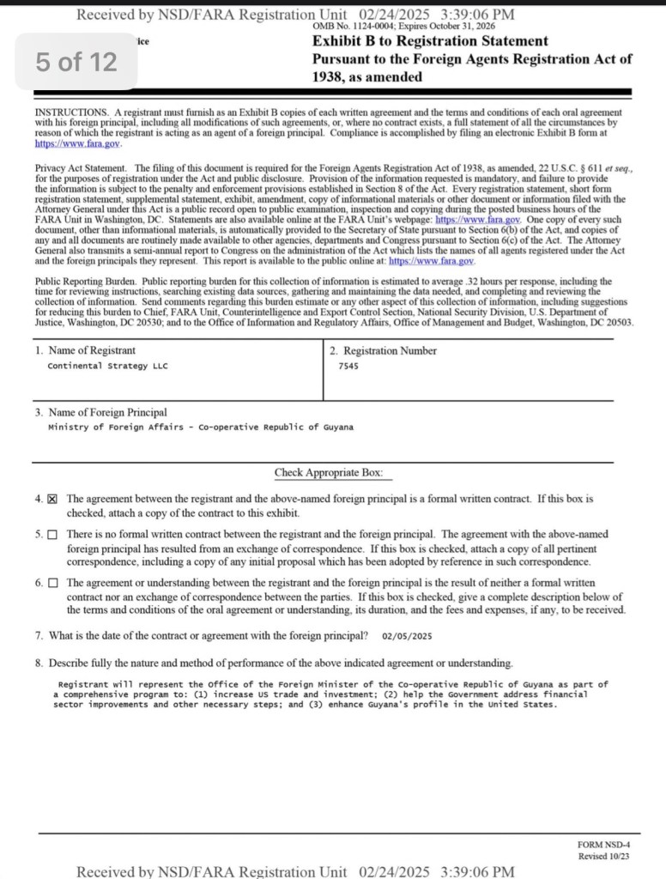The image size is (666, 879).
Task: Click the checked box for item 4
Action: [52, 499]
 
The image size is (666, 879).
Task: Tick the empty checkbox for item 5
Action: [52, 535]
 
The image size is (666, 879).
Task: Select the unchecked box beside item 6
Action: [52, 584]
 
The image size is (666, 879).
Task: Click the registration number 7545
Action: [348, 366]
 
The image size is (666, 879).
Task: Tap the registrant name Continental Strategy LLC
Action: [108, 366]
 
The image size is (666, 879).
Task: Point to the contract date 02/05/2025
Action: [407, 636]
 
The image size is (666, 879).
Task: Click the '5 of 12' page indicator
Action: [76, 62]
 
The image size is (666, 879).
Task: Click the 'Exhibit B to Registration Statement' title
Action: [430, 41]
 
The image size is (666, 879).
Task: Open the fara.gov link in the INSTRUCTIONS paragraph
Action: [66, 143]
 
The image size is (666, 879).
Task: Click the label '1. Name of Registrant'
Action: [85, 350]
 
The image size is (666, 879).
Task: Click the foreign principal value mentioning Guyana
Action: [200, 427]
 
